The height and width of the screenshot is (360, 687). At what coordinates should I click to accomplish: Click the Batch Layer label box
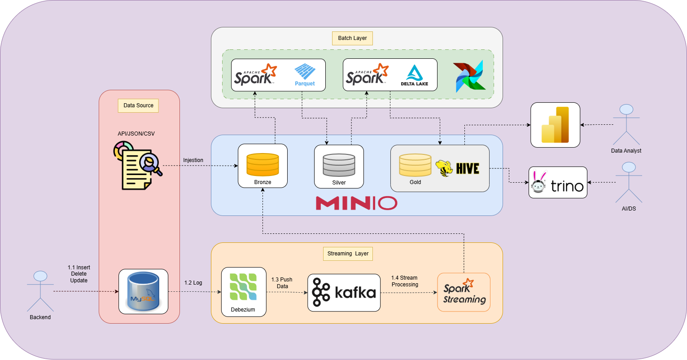pos(352,38)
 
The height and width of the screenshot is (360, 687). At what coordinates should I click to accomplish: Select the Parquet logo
pos(305,74)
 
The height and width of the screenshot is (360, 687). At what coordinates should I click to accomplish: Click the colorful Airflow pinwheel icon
pos(468,76)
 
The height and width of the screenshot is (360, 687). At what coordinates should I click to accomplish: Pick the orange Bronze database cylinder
pos(263,165)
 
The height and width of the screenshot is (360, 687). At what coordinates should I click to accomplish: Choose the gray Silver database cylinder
pos(339,165)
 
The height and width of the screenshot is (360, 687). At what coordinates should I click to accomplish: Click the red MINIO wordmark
pos(356,203)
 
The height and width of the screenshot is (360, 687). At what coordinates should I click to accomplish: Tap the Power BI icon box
pos(555,125)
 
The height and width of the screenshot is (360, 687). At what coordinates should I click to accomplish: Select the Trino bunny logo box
pos(558,183)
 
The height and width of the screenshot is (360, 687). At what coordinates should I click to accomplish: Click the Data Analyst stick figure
pos(626,124)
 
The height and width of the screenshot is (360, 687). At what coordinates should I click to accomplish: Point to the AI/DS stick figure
pos(629,182)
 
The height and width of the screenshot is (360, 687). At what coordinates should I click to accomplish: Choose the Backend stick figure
pos(40,291)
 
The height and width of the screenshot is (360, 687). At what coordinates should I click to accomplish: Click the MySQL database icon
pos(143,291)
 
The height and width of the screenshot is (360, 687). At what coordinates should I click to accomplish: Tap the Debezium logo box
pos(244,292)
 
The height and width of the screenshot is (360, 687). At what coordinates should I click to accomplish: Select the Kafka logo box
pos(344,293)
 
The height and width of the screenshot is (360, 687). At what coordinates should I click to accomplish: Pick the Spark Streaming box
pos(464,292)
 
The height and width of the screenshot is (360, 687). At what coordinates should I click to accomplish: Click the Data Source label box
pos(138,105)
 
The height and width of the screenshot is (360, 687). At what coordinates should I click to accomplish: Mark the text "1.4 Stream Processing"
pos(405,281)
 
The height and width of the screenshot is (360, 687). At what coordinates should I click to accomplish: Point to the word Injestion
pos(193,160)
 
